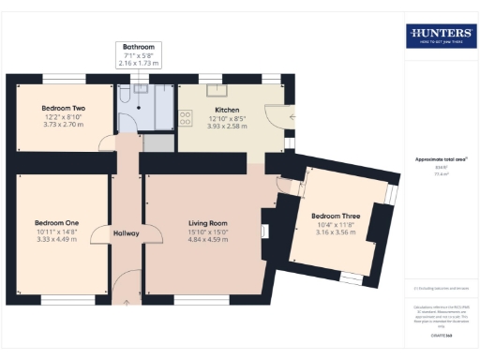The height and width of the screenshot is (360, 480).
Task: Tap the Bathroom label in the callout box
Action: point(139,46)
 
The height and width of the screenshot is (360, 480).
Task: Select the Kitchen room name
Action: point(228,108)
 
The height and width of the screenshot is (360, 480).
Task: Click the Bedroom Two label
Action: point(64,108)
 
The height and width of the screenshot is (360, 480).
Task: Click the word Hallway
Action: point(126,232)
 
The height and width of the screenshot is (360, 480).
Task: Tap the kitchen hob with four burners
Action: point(186,119)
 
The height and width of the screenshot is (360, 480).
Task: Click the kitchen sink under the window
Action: point(217,91)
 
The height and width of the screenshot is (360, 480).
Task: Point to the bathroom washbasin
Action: point(142,89)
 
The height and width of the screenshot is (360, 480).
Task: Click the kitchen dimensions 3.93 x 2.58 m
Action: point(228,126)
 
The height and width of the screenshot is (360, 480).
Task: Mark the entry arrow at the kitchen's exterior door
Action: point(293,115)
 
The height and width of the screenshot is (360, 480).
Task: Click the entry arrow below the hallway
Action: point(126,302)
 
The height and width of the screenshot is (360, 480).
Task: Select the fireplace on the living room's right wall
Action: point(265,228)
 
